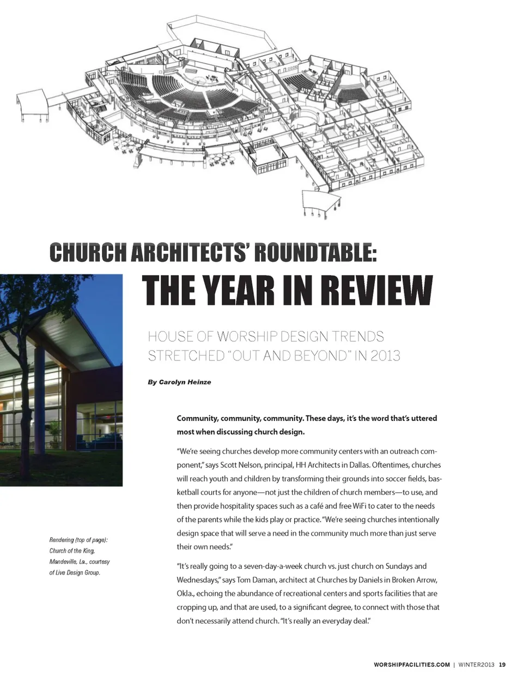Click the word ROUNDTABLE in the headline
coord(315,253)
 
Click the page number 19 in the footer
coord(502,665)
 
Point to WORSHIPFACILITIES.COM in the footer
coord(411,665)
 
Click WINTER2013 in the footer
coord(476,665)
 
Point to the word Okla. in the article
coord(185,593)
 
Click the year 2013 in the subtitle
coord(385,355)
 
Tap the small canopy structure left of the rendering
coord(33,104)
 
